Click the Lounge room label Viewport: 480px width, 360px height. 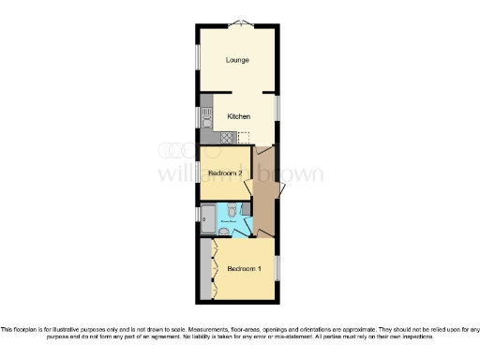238,61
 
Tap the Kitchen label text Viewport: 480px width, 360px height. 238,116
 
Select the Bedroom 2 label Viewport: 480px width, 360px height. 226,173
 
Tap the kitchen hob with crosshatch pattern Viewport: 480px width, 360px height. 225,138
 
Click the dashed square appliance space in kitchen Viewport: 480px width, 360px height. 246,138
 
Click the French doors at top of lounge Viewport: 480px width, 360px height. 239,22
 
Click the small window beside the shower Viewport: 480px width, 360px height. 197,216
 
